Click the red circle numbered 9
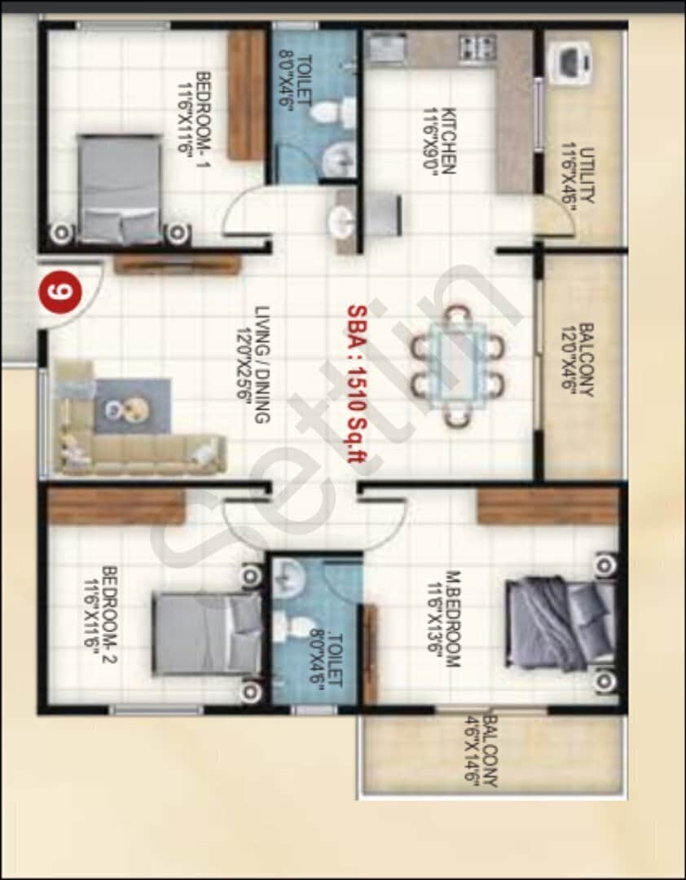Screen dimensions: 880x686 [x=59, y=292]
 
